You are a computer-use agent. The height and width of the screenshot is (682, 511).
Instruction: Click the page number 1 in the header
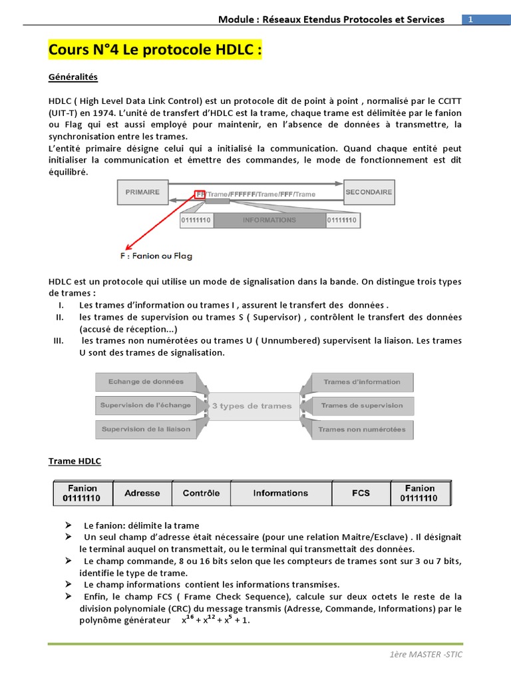coord(470,20)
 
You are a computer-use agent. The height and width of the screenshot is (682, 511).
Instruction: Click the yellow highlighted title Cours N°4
coord(155,51)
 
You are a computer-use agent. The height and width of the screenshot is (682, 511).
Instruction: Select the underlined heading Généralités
coord(73,77)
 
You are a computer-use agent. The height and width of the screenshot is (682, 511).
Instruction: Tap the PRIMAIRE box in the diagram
coord(142,192)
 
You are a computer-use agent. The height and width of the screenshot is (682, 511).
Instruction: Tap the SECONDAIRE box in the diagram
coord(369,192)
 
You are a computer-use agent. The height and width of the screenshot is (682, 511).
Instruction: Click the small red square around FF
coord(200,194)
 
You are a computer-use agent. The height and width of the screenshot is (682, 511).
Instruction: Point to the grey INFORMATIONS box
coord(269,220)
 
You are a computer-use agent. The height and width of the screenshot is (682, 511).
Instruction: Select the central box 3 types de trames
coord(252,406)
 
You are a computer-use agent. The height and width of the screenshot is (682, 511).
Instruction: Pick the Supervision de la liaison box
coord(146,429)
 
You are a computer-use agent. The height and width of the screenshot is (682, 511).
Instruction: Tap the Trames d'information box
coord(362,382)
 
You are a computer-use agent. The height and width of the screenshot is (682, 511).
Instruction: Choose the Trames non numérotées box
coord(362,430)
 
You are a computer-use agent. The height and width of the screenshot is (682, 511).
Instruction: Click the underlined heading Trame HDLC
coord(75,461)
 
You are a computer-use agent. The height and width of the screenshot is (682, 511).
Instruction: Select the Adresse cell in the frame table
coord(142,494)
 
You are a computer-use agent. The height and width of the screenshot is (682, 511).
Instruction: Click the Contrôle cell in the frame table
coord(201,494)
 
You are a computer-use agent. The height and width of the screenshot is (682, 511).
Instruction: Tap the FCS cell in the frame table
coord(361,494)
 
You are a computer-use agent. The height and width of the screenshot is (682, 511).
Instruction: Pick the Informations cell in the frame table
coord(280,494)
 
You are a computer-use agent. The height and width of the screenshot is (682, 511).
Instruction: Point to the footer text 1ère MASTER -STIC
coord(426,655)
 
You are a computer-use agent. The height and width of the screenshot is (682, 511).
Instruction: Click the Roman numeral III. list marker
coord(58,340)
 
